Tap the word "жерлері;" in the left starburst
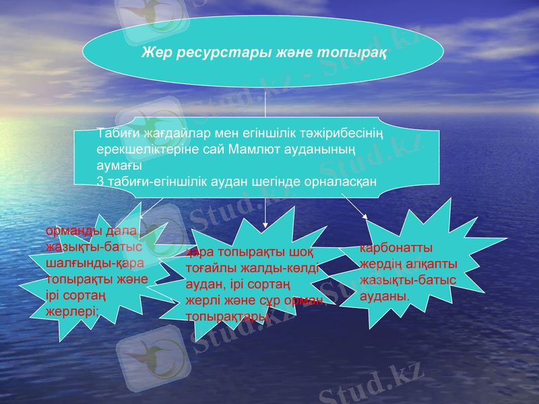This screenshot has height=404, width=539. point(73,310)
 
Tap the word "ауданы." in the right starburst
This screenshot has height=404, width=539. point(384,295)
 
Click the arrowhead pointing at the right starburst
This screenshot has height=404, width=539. point(366,215)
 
